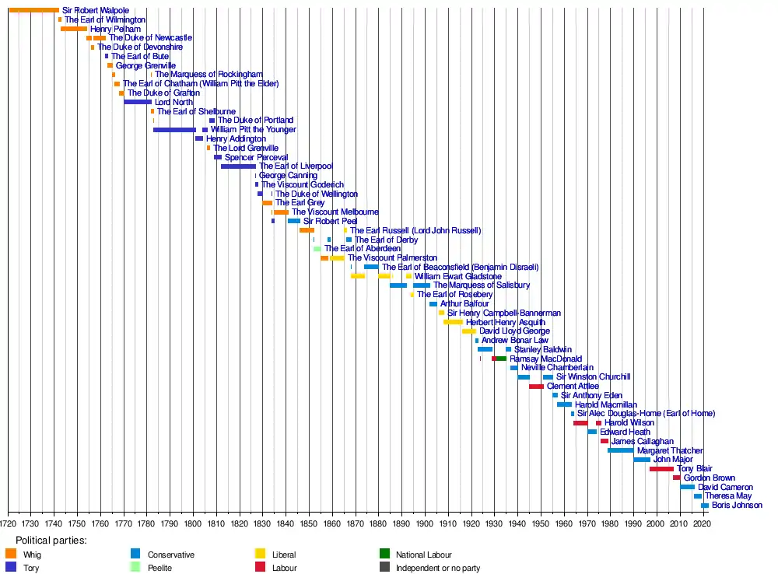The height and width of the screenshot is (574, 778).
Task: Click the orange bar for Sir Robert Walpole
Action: coord(33,10)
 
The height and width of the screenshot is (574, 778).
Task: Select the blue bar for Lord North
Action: coord(138,102)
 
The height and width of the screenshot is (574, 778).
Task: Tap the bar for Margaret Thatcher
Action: coord(620,450)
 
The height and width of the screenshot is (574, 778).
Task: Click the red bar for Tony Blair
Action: coord(661,469)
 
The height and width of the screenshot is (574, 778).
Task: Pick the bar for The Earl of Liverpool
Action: coord(238,166)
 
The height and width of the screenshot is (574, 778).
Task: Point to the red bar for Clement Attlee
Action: coord(536,387)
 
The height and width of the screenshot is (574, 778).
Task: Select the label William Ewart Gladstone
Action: coord(457,276)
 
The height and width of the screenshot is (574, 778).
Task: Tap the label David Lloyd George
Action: coord(514,331)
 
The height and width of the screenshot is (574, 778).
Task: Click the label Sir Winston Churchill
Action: coord(593,377)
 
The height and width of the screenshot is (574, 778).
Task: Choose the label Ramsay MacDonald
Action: coord(545,359)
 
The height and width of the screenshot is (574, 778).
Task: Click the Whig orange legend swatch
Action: coord(11,555)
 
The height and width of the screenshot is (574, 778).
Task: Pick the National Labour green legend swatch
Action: coord(384,555)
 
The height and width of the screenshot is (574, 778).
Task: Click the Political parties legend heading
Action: coord(51,541)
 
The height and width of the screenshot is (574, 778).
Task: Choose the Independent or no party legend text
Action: coord(438,569)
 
